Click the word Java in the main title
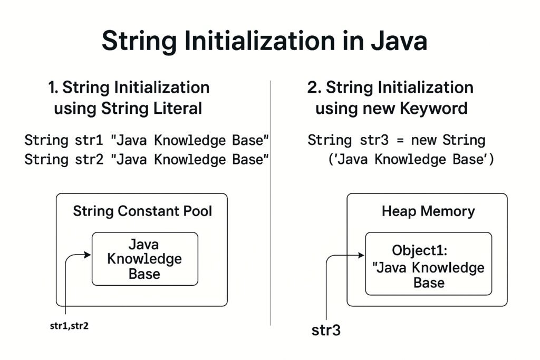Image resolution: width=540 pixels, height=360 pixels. click(399, 41)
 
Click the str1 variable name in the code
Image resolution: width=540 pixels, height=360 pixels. click(89, 140)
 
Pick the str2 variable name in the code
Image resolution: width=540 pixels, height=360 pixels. click(89, 160)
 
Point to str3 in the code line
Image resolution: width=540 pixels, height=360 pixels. click(374, 140)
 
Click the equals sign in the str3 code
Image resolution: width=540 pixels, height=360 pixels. click(400, 141)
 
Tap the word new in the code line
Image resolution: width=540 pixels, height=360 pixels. click(423, 141)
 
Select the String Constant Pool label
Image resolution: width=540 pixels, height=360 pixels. click(142, 211)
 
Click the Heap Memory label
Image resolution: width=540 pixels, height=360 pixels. click(428, 211)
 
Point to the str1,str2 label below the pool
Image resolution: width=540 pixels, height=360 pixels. click(69, 326)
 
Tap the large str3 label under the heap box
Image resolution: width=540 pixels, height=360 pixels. click(326, 330)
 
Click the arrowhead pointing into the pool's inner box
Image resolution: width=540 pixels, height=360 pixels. click(88, 255)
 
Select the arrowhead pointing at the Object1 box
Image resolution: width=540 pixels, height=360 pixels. click(361, 255)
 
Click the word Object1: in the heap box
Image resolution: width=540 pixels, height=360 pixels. click(419, 250)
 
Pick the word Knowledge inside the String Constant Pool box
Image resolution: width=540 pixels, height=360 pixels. click(144, 259)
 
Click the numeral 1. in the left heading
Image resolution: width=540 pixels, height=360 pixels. click(53, 87)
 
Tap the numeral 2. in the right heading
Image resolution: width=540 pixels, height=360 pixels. click(314, 87)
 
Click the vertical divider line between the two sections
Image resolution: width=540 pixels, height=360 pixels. click(271, 203)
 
